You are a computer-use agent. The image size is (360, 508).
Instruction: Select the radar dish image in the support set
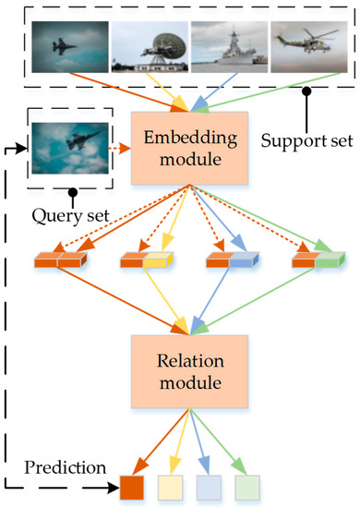[148, 44]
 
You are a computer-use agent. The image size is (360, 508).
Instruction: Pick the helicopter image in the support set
[306, 44]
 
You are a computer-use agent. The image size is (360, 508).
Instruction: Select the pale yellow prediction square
[174, 486]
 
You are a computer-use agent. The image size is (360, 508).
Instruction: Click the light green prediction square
[248, 486]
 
